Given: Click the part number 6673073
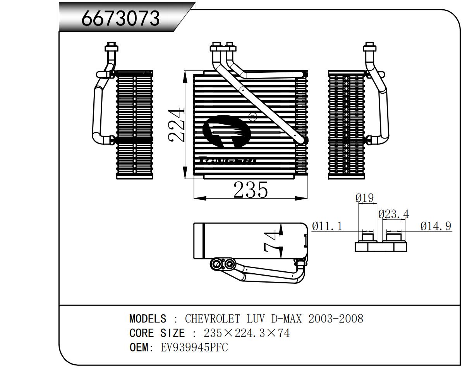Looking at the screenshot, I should (120, 18).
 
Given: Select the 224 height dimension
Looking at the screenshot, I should (177, 125).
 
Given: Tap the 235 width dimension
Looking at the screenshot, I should (250, 190).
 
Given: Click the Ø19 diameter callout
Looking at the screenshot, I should (364, 198).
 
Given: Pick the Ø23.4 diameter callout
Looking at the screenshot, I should (393, 214).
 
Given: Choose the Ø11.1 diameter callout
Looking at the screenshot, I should (327, 226).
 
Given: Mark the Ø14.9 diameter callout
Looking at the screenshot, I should (436, 226).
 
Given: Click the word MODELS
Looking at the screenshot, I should (148, 319).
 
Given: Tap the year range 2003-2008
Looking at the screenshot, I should (336, 319).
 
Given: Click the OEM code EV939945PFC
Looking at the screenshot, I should (194, 348).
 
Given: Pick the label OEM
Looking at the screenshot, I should (139, 348).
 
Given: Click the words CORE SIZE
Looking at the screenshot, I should (157, 333).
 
